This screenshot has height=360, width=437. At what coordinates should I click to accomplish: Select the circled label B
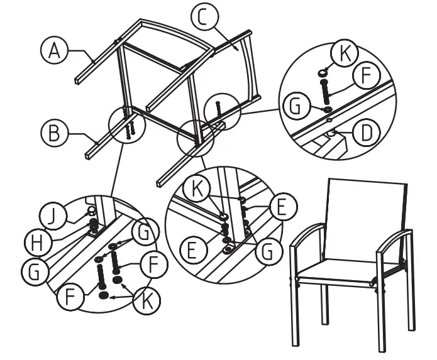pos(54,133)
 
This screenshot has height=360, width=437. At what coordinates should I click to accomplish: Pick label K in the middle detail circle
pos(199,188)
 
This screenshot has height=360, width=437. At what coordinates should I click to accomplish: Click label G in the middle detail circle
pos(268,251)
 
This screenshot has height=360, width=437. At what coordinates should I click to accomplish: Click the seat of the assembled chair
pos(340,271)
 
